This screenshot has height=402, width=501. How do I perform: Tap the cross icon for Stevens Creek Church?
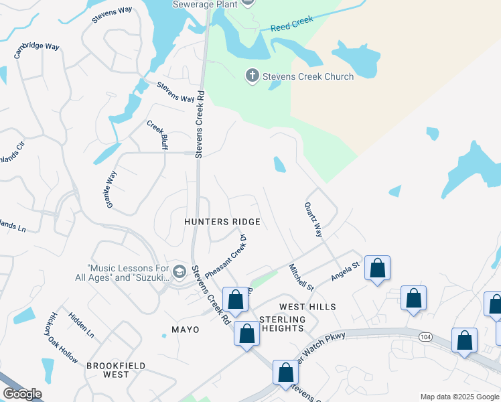point(253,76)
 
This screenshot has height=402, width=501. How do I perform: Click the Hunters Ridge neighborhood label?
point(222,221)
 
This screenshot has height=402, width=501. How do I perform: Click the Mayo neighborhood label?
point(186,330)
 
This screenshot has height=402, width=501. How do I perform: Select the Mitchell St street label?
point(301,277)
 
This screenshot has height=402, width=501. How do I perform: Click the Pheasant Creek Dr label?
point(226,257)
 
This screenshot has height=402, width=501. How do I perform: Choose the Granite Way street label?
point(111,188)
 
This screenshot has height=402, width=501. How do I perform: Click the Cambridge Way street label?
point(38,50)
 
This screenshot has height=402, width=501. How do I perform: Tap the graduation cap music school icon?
point(178,271)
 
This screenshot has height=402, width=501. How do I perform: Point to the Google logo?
point(22,394)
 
